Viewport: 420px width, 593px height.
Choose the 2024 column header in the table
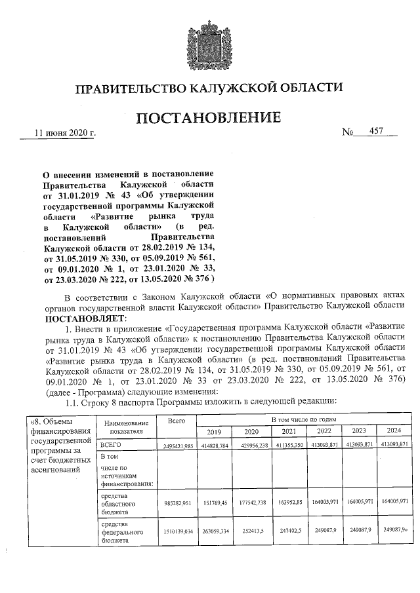pos(394,431)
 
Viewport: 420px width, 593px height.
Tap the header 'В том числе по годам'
pos(304,418)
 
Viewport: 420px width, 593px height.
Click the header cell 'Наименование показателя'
pos(123,428)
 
